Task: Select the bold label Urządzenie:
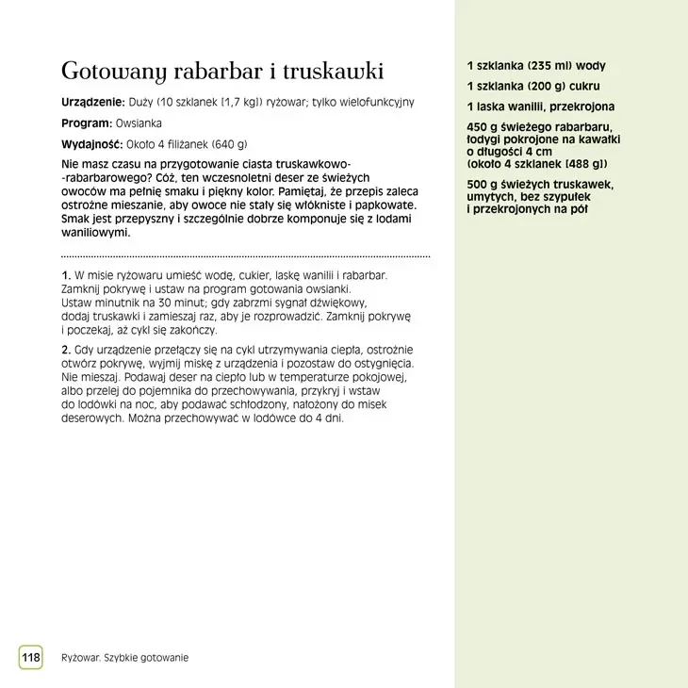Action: (92, 102)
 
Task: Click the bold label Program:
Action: (86, 123)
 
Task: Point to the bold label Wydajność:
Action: (92, 145)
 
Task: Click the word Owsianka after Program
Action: (139, 123)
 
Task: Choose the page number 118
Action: (31, 657)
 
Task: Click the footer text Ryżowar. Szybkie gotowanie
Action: (124, 657)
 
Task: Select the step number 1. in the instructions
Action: (66, 274)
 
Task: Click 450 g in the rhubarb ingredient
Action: (481, 127)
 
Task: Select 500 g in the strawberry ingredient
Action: (481, 185)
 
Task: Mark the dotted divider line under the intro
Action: (245, 256)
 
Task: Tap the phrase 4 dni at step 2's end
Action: (327, 418)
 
